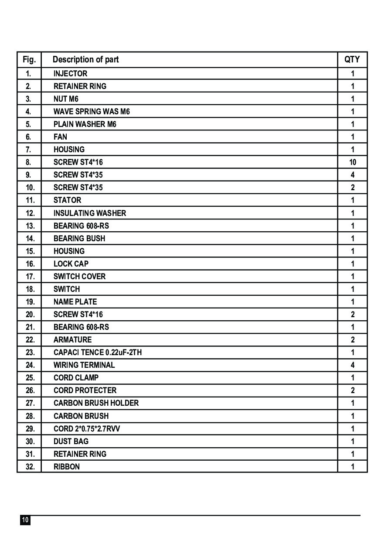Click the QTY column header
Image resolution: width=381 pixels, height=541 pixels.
click(x=352, y=59)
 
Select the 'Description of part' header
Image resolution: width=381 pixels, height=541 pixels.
click(x=85, y=59)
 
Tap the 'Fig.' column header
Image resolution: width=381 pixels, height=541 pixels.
click(x=29, y=59)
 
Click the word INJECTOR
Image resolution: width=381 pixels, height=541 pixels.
click(x=70, y=74)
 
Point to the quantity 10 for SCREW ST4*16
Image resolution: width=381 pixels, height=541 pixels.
click(x=352, y=162)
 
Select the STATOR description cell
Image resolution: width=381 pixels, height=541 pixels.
click(x=67, y=200)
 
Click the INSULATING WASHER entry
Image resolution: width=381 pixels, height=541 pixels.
click(x=89, y=213)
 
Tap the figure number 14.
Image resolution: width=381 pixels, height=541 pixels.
click(x=30, y=238)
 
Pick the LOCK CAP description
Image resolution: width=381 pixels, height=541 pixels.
click(x=71, y=264)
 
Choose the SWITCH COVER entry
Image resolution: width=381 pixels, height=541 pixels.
click(x=79, y=276)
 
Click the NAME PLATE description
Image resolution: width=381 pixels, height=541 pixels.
click(x=75, y=301)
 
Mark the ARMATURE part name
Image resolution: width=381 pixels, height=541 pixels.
click(x=72, y=339)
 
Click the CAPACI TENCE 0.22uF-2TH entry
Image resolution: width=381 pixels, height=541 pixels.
click(x=97, y=352)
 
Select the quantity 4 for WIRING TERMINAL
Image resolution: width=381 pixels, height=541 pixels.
click(x=352, y=365)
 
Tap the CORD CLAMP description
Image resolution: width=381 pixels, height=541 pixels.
click(x=76, y=377)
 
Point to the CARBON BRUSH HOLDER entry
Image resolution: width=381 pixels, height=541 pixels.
click(x=96, y=403)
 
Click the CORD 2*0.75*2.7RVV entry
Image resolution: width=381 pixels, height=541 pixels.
click(x=86, y=428)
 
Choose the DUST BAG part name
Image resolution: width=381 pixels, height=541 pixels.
click(x=71, y=441)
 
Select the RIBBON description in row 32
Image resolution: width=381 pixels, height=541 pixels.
click(x=66, y=466)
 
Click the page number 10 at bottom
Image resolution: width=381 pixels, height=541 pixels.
click(x=25, y=520)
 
